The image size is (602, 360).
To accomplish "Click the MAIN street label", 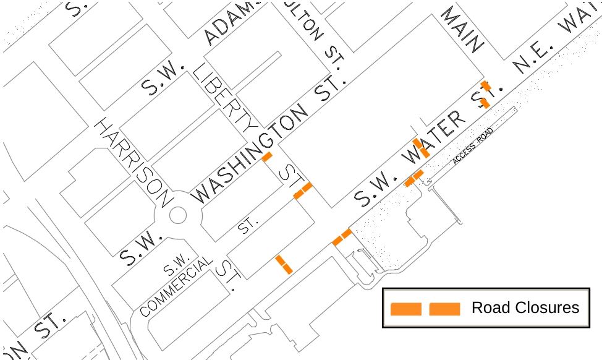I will tap(462, 29).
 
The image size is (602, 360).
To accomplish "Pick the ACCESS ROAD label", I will tap(473, 147).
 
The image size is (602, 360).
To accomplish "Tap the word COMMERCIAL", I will tap(177, 288).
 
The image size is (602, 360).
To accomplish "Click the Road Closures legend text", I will tap(525, 308).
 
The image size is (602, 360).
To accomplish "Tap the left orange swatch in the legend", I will tap(406, 309).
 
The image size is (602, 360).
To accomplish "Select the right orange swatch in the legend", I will tap(444, 309).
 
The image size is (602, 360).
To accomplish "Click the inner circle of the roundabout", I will tap(177, 215).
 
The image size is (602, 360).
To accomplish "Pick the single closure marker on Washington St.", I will tap(267, 156).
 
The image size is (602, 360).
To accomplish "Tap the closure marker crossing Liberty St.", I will tap(303, 190).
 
